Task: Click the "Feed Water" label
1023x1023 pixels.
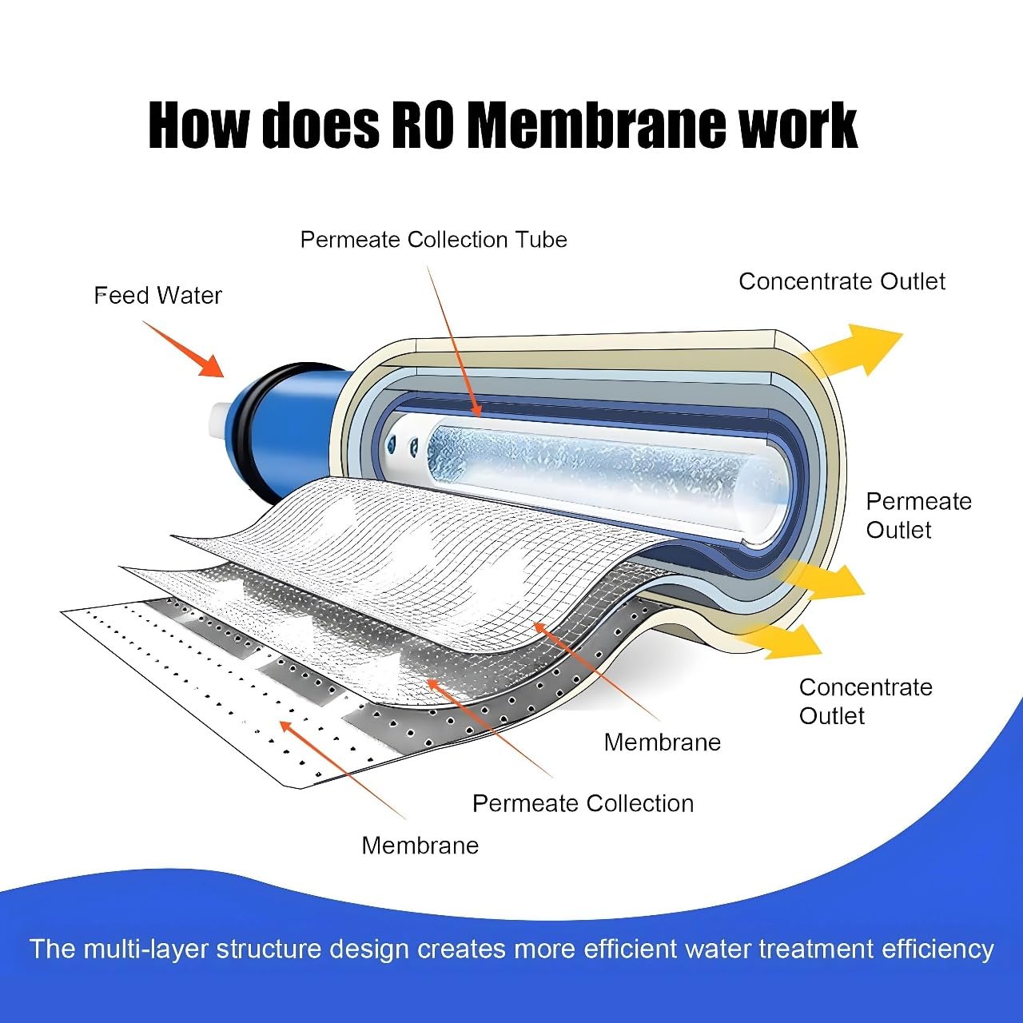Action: tap(158, 296)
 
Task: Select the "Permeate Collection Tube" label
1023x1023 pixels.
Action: tap(433, 240)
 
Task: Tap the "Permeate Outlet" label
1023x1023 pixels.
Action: tap(918, 515)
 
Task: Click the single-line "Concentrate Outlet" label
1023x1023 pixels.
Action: tap(842, 281)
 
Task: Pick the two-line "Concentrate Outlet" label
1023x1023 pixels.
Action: tap(865, 701)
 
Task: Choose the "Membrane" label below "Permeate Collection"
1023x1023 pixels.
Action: tap(420, 846)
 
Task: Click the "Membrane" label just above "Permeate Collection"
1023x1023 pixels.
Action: tap(662, 742)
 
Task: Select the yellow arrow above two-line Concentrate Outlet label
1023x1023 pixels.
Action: tap(787, 639)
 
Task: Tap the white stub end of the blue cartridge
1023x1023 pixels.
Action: tap(218, 420)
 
